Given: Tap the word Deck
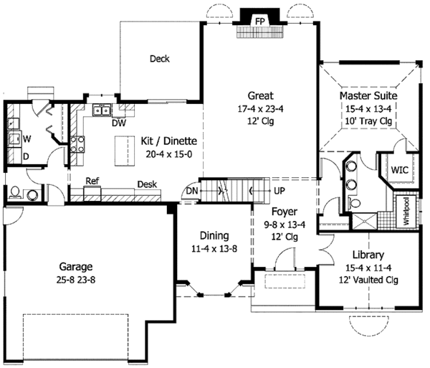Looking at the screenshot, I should coord(160,59).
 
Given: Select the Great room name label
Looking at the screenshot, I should coord(261,96).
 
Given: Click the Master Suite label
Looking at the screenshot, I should coord(369,95).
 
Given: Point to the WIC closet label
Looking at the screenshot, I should coord(400,171).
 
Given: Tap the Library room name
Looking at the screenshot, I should coord(368,255).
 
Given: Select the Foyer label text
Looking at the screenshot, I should coord(284,212).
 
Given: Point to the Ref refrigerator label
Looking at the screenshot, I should coord(92,181).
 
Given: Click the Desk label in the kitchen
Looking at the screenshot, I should coord(147,184).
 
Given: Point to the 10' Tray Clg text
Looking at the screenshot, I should coord(369,122).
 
